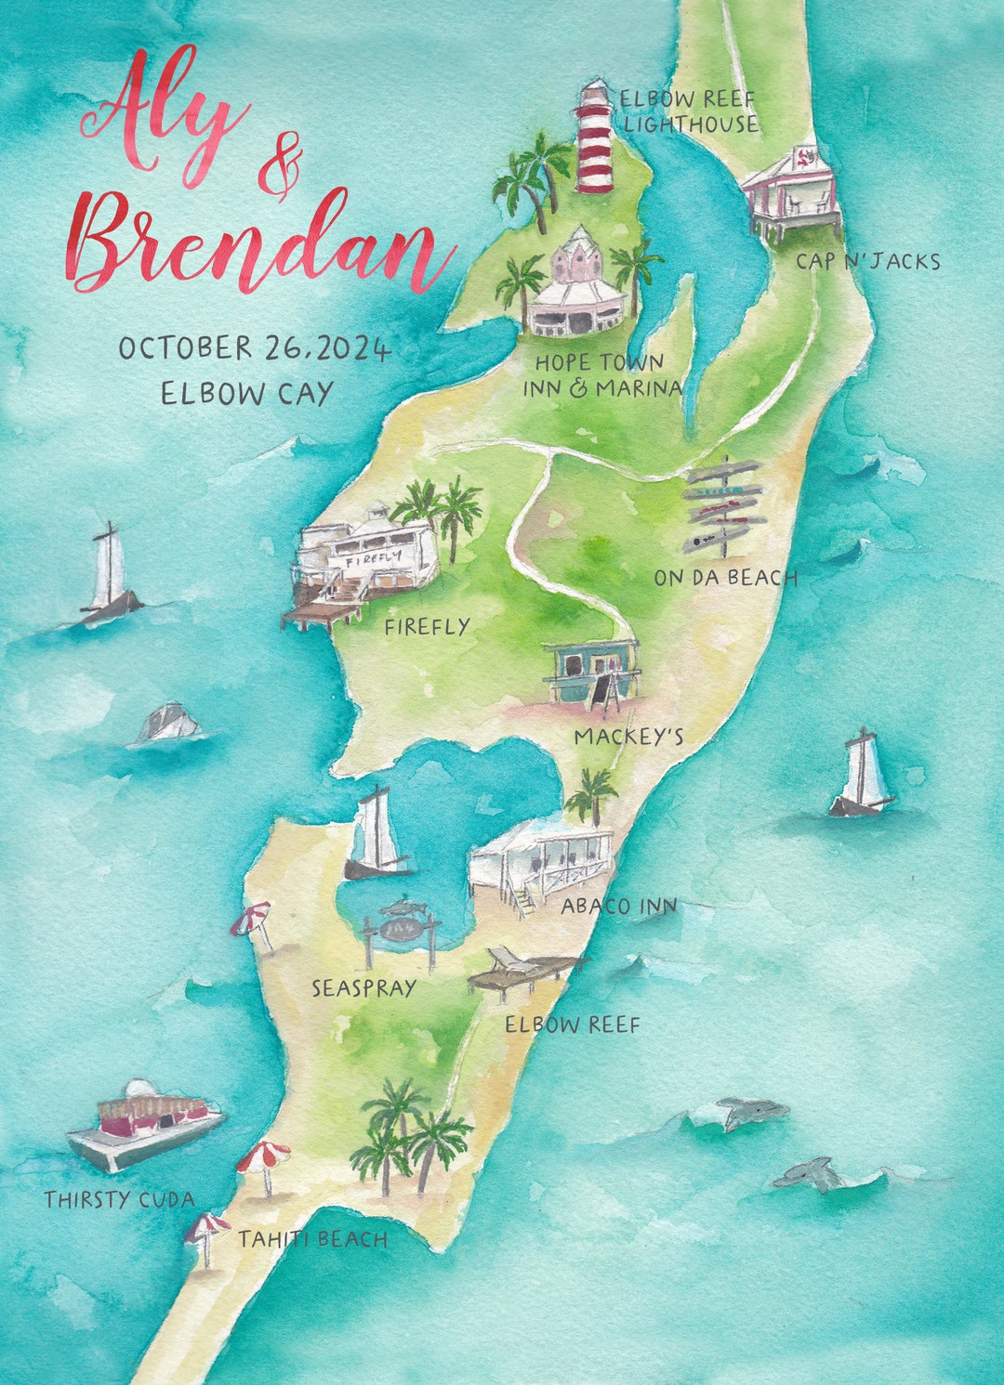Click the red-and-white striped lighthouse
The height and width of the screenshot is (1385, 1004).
(x=595, y=139)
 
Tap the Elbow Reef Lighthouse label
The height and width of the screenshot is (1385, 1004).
(x=689, y=111)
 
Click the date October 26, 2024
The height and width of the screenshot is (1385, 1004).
(x=254, y=349)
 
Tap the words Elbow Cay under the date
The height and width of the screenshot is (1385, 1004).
(x=246, y=394)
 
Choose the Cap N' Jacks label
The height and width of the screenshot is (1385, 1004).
(x=867, y=262)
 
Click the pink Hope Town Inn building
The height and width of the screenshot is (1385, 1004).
(x=578, y=283)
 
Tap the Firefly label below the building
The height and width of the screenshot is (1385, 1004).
(x=428, y=628)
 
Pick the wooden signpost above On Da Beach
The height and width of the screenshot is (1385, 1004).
(x=724, y=506)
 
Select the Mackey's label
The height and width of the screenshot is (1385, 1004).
(x=628, y=738)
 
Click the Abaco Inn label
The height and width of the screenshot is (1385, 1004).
(x=618, y=906)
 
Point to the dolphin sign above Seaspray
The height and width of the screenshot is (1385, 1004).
(x=401, y=924)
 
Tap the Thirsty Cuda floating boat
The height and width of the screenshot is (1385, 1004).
(x=145, y=1124)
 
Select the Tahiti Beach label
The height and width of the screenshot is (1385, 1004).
(x=312, y=1239)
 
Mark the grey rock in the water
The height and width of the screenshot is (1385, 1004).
(x=170, y=724)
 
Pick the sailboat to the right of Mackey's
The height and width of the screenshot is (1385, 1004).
(x=862, y=776)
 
